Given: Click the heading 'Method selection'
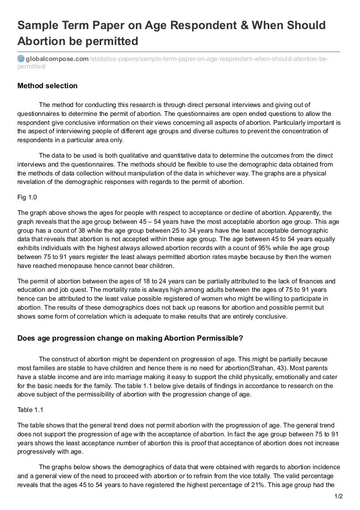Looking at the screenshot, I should (x=47, y=86).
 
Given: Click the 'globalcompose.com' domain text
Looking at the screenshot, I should (x=57, y=58).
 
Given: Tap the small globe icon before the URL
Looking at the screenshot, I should (x=21, y=58).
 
